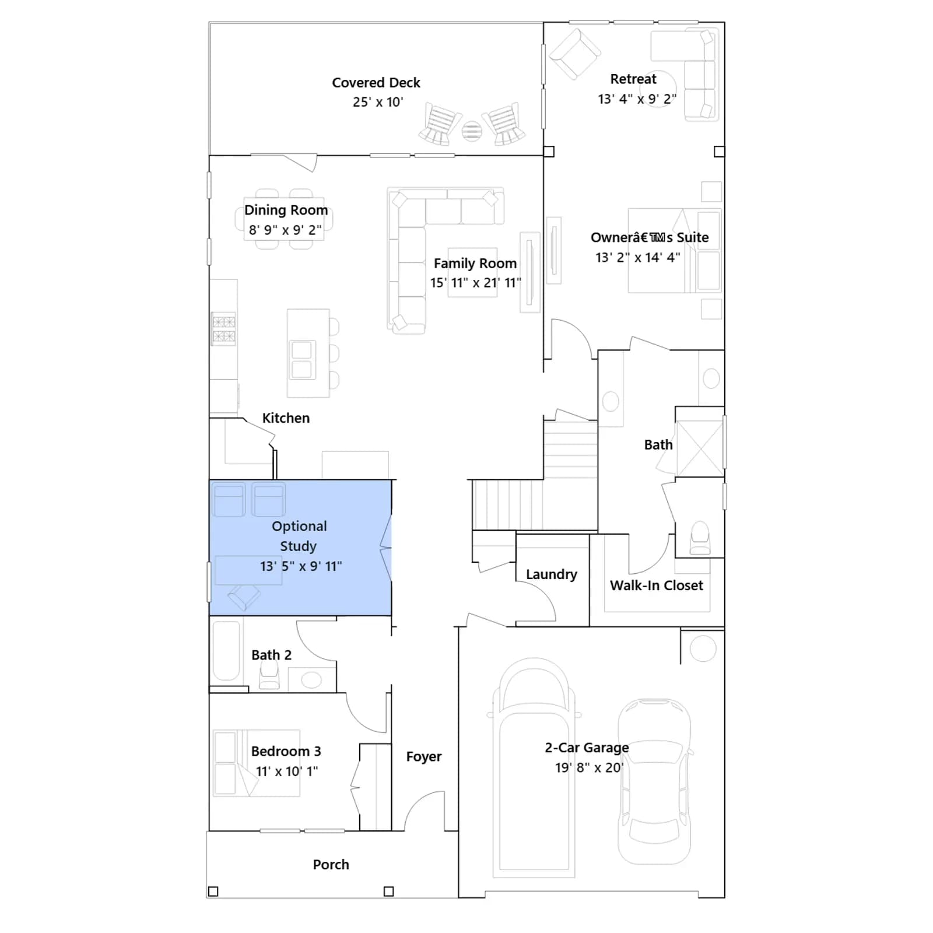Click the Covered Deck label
coord(376,83)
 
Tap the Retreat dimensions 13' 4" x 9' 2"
coord(637,99)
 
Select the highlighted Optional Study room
coord(300,548)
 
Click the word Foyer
coord(424,756)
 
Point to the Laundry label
coord(552,574)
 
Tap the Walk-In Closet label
coord(657,585)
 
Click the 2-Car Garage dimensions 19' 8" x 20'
coord(589,767)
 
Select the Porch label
coord(331,865)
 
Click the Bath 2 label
coord(272,655)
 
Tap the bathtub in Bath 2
coord(226,651)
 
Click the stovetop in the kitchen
coord(223,329)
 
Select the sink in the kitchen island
coord(302,360)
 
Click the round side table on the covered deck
coord(472,131)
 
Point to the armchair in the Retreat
coord(575,54)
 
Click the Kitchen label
coord(286,418)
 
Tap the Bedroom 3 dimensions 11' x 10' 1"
coord(287,771)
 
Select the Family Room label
coord(475,264)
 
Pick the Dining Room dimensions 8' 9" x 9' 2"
coord(285,230)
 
